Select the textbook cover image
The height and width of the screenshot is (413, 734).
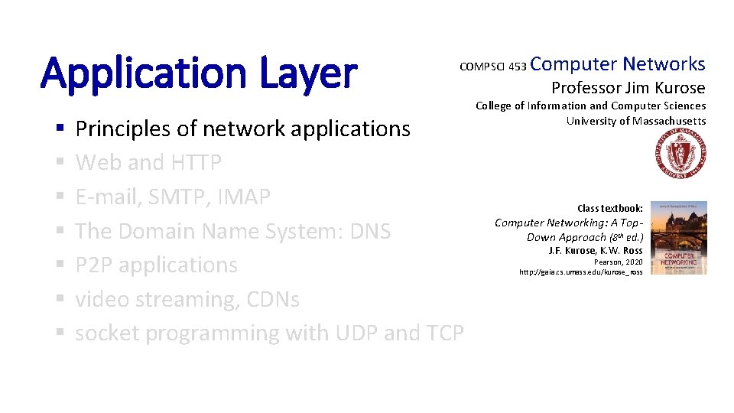(677, 238)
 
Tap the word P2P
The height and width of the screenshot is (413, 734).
(94, 265)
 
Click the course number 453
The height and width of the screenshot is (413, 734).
(517, 67)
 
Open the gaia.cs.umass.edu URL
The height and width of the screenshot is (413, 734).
(580, 272)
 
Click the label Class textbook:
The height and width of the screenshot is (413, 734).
(610, 208)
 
